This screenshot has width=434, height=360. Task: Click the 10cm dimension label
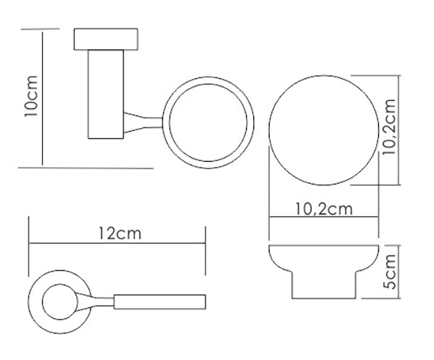pyautogui.click(x=30, y=95)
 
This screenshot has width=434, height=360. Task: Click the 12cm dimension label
pyautogui.click(x=120, y=233)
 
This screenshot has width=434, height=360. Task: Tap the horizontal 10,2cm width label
pyautogui.click(x=324, y=209)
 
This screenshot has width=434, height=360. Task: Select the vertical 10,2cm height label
pyautogui.click(x=388, y=127)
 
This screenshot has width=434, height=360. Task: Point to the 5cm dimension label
pyautogui.click(x=391, y=272)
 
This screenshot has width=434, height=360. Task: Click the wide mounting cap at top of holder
pyautogui.click(x=106, y=39)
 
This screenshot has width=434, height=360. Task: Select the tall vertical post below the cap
pyautogui.click(x=106, y=94)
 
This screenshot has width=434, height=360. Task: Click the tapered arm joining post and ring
pyautogui.click(x=142, y=123)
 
